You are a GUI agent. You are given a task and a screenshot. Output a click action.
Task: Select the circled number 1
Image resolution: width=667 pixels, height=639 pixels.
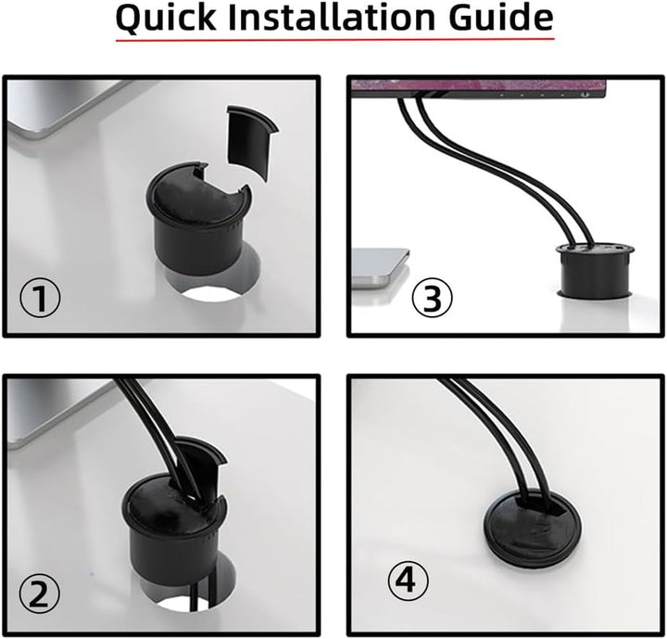tap(41, 297)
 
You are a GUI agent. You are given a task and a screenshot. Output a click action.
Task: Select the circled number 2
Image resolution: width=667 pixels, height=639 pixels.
tap(40, 593)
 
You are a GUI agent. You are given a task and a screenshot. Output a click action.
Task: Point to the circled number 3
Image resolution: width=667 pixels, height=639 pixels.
tap(433, 298)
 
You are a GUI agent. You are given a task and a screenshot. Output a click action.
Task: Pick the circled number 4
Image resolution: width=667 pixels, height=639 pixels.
tap(408, 581)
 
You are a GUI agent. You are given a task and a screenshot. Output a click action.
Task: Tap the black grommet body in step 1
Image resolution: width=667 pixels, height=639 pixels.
tap(198, 217)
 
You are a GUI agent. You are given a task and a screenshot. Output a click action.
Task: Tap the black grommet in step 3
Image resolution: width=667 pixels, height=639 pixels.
tap(595, 269)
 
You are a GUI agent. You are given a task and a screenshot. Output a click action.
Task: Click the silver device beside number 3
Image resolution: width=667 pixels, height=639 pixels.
tap(380, 267)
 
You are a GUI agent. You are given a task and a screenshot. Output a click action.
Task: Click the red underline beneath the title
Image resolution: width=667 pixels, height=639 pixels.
tap(334, 40)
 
